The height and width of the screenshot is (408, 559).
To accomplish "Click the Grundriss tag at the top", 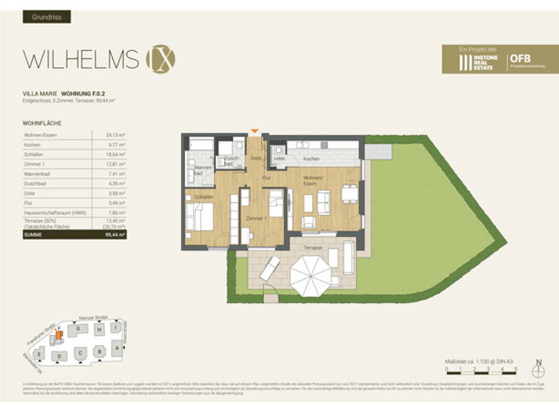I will pos(46,17).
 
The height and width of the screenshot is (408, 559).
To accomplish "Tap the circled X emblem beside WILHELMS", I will pos(160,59).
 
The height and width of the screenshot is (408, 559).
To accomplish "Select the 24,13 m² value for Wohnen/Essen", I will pos(116,136).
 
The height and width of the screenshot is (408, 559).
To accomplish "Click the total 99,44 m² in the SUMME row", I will pos(115,235).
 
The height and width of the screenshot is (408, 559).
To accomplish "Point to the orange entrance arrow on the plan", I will pos(254,131).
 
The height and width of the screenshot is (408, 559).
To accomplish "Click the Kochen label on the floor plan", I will pos(311,159).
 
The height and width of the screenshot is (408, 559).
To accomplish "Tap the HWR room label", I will pos(279,159).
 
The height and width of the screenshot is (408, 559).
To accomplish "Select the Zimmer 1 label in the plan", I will pos(255,219).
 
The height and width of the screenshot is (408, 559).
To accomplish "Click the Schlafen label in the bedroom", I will pos(204,197).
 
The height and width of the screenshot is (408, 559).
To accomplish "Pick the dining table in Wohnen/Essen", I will pos(350,195).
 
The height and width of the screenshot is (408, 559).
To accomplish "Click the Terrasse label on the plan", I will pos(312,248).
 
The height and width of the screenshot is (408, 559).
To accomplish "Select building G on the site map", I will pos(77,329).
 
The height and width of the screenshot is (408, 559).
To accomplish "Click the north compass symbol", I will pos(539,369).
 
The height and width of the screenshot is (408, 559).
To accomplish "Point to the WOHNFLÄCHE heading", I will pos(42,124).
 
